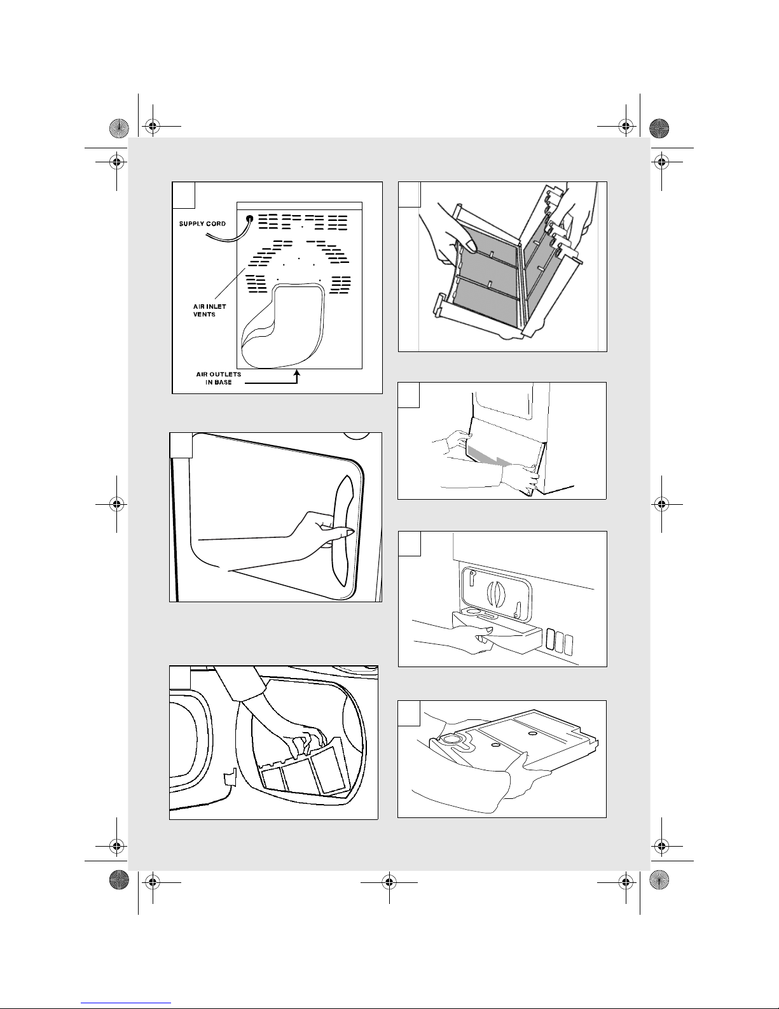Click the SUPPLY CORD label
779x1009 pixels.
pyautogui.click(x=202, y=224)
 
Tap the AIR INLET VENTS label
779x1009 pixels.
pyautogui.click(x=210, y=310)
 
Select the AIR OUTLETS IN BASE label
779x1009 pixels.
pyautogui.click(x=218, y=378)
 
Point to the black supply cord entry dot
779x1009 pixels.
pyautogui.click(x=249, y=218)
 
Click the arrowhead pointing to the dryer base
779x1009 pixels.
pyautogui.click(x=297, y=373)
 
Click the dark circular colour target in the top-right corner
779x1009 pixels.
pyautogui.click(x=659, y=129)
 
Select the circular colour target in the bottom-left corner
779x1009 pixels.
pyautogui.click(x=119, y=880)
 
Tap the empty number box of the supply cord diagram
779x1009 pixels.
pyautogui.click(x=184, y=195)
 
